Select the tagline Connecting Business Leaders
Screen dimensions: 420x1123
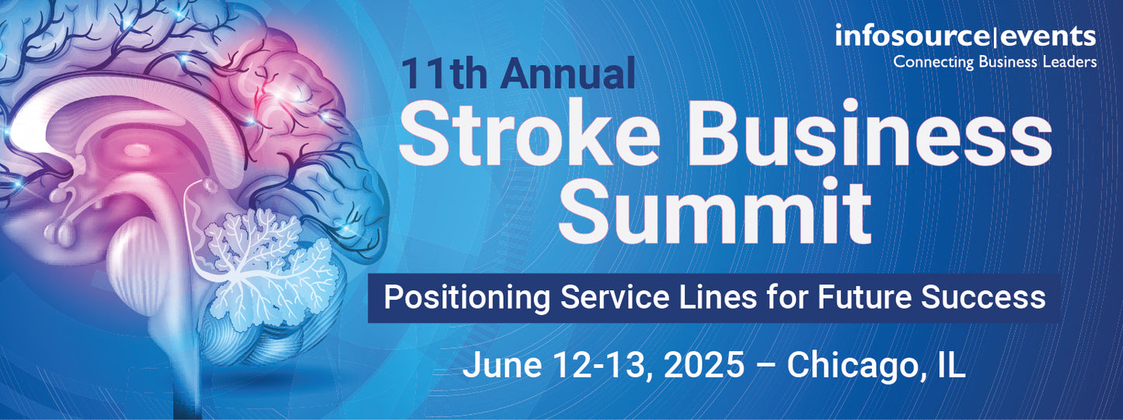995,61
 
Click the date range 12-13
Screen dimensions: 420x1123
598,365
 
